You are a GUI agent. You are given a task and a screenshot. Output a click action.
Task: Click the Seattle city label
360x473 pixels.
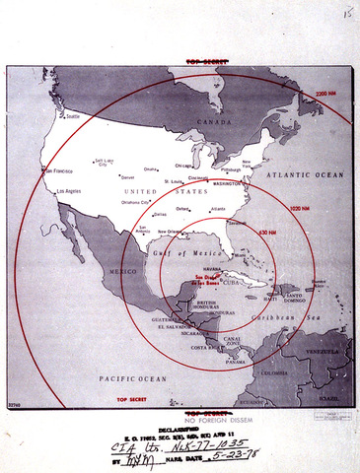(72, 116)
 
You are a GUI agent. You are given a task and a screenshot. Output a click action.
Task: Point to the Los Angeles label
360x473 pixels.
(73, 189)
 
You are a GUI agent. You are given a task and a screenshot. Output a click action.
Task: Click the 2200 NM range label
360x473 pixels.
(327, 94)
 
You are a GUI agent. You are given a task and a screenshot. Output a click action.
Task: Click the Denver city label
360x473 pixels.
(101, 177)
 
